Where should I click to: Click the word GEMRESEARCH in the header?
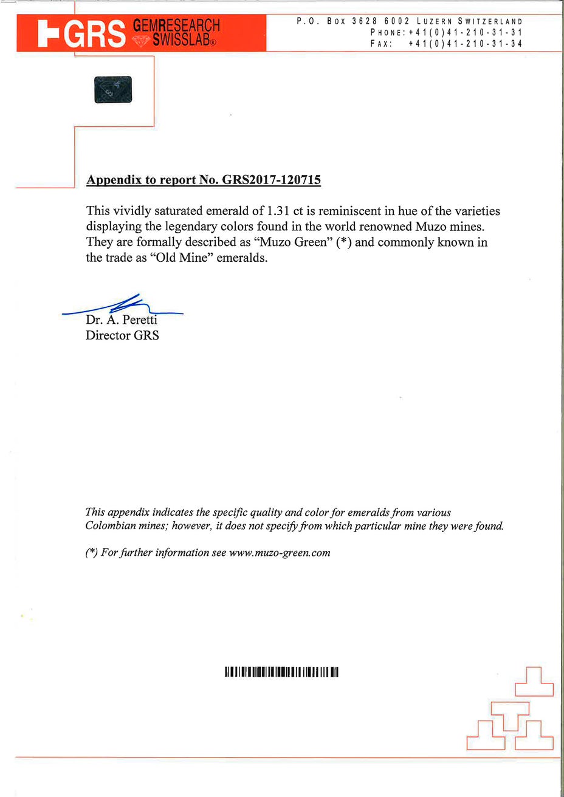tap(176, 26)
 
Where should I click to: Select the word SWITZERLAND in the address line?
tap(490, 21)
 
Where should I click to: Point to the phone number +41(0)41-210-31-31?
tap(465, 32)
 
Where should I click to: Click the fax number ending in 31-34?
tap(465, 44)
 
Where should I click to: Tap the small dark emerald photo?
tap(113, 90)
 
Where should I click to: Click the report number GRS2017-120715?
tap(272, 180)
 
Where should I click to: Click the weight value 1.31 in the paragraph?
tap(278, 211)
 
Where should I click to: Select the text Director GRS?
tap(122, 335)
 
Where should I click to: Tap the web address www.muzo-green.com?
tap(280, 552)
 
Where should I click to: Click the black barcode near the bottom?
tap(281, 672)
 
